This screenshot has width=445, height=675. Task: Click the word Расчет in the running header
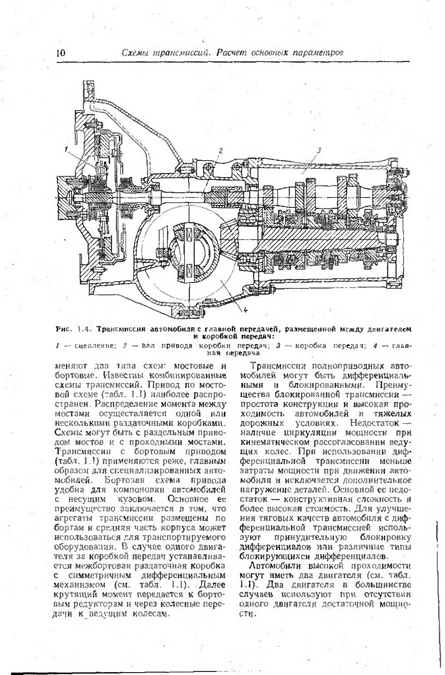click(233, 53)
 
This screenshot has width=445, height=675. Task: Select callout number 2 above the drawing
click(221, 150)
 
